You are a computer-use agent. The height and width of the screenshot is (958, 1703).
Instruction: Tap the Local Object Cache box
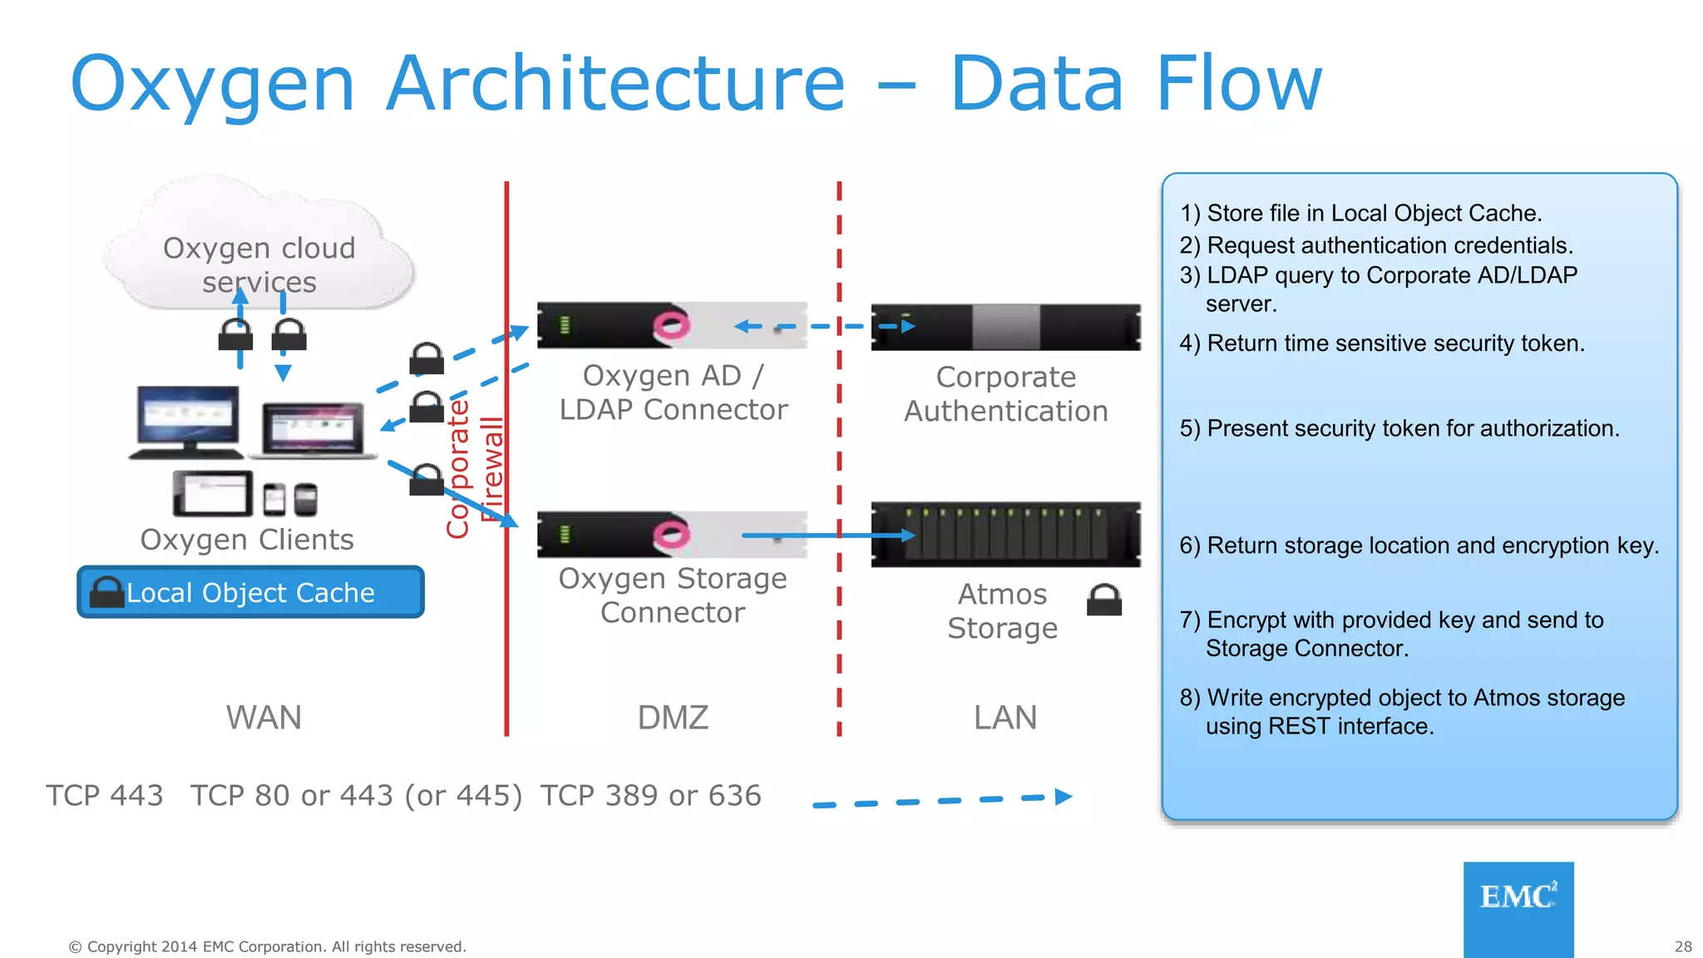pos(250,592)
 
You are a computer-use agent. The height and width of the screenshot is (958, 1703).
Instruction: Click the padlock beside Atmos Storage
pos(1104,600)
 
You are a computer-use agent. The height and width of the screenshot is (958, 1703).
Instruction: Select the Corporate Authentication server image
pos(1005,327)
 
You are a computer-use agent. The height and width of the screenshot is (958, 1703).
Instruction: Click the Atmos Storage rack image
pos(1005,535)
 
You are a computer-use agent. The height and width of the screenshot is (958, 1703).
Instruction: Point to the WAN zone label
pos(264,717)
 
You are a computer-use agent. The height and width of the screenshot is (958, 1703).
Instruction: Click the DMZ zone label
pos(673,717)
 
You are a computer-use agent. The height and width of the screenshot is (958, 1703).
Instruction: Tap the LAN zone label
pos(1005,717)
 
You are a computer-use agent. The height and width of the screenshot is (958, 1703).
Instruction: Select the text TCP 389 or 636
pos(650,796)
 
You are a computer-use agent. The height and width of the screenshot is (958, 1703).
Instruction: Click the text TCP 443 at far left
pos(105,796)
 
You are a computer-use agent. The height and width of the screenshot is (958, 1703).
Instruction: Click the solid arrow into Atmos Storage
pos(827,536)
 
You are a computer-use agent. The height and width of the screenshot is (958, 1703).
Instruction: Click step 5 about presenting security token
pos(1399,428)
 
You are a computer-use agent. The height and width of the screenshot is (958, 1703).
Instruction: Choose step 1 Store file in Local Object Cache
pos(1360,213)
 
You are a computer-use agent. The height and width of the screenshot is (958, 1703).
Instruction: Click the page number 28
pos(1683,946)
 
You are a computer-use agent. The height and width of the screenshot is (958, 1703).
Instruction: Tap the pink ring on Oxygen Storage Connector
pos(671,533)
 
